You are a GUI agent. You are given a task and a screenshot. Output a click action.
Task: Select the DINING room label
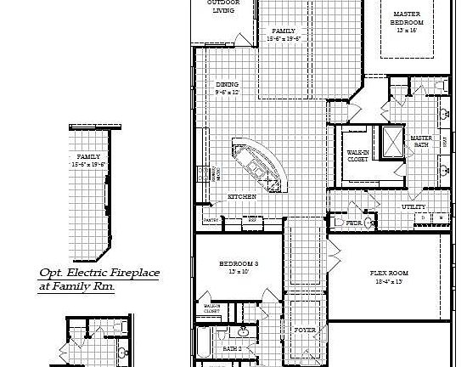(227, 84)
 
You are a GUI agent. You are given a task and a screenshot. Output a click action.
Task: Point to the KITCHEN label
(242, 197)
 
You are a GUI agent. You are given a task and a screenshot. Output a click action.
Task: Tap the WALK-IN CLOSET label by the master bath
(357, 155)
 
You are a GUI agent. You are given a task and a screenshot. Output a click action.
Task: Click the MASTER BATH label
(421, 141)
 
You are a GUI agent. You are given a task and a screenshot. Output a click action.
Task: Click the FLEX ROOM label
(390, 273)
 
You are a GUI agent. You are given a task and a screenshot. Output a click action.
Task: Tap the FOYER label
(305, 329)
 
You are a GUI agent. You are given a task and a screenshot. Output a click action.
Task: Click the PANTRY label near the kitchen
(211, 220)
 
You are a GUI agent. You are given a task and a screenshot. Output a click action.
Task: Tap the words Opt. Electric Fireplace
(99, 274)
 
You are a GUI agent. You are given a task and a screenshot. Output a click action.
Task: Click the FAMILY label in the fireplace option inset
(88, 157)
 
